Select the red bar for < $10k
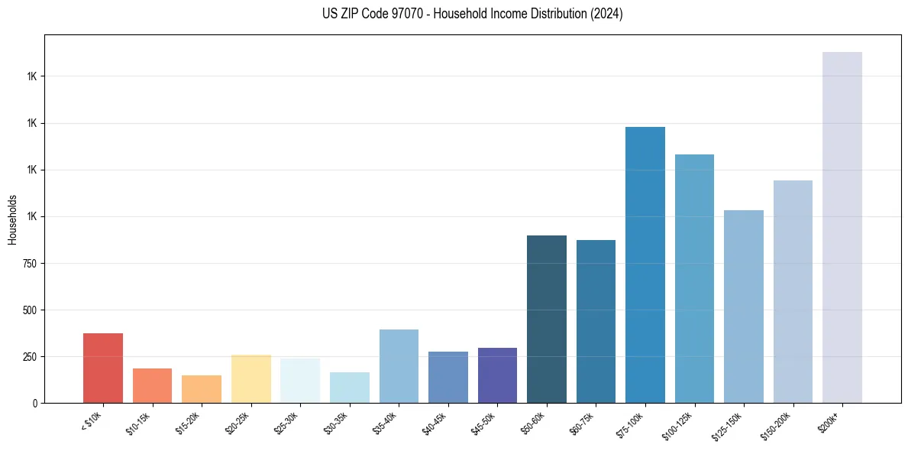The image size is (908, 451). pyautogui.click(x=103, y=368)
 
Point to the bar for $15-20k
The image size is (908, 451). pyautogui.click(x=202, y=388)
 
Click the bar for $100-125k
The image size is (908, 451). pyautogui.click(x=694, y=278)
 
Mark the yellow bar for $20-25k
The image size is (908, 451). pyautogui.click(x=251, y=378)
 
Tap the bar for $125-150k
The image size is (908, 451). pyautogui.click(x=743, y=306)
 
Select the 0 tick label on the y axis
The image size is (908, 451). pyautogui.click(x=35, y=403)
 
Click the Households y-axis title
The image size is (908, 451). pyautogui.click(x=12, y=219)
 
